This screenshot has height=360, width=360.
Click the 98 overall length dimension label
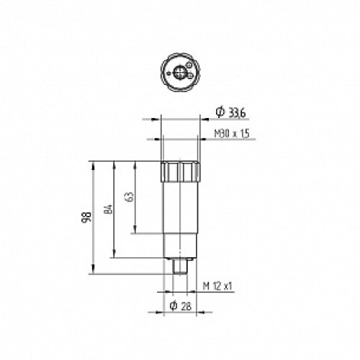tap(86, 218)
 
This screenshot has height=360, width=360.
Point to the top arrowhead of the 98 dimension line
tap(93, 163)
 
